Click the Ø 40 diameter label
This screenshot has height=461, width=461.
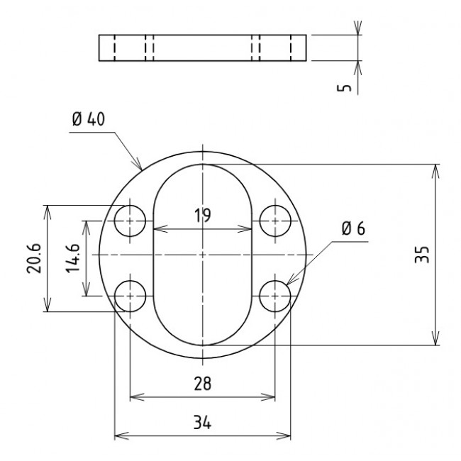(x=88, y=119)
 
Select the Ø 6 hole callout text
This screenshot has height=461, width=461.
(x=352, y=228)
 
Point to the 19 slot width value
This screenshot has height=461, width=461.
(x=203, y=216)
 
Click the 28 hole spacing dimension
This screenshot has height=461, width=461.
(x=202, y=384)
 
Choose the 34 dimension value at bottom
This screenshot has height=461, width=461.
(x=202, y=423)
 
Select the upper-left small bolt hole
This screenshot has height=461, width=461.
(x=130, y=221)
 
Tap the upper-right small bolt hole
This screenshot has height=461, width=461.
(x=274, y=221)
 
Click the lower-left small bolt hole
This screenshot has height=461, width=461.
(x=130, y=296)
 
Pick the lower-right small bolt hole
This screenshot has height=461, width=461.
(x=274, y=296)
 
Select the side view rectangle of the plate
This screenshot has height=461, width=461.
(x=202, y=48)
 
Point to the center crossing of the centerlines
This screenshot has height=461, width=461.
(x=203, y=255)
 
